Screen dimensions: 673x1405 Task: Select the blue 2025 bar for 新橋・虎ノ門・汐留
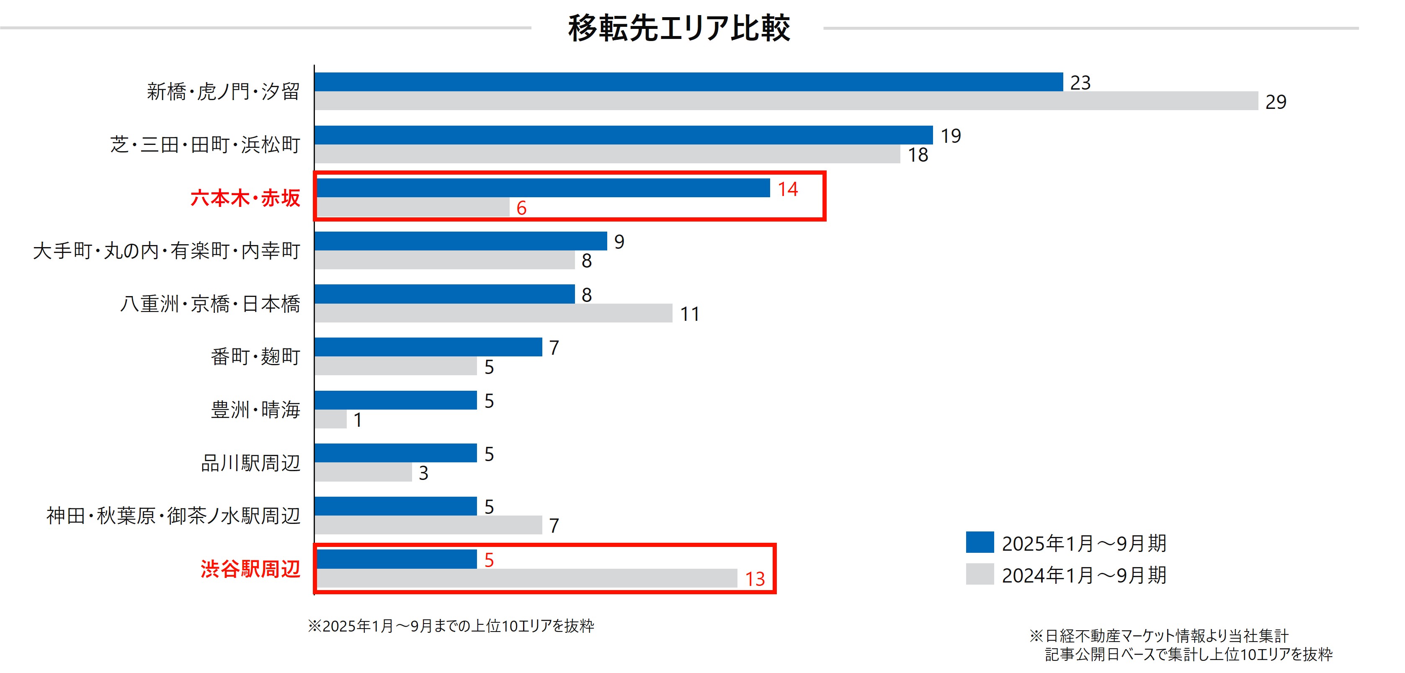pyautogui.click(x=688, y=82)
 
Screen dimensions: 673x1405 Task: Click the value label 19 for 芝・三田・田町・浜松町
pyautogui.click(x=950, y=135)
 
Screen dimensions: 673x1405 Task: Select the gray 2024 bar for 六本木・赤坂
pyautogui.click(x=412, y=207)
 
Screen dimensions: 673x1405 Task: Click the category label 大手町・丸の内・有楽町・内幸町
pyautogui.click(x=166, y=250)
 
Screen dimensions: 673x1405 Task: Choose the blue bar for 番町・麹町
pyautogui.click(x=428, y=347)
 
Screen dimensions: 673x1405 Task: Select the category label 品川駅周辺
pyautogui.click(x=250, y=462)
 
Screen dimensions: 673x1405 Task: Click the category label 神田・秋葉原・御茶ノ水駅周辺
pyautogui.click(x=173, y=516)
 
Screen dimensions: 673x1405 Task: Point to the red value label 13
pyautogui.click(x=755, y=579)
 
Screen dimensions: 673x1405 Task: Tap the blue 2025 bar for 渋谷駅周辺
pyautogui.click(x=396, y=559)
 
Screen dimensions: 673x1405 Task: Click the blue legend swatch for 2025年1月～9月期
pyautogui.click(x=979, y=542)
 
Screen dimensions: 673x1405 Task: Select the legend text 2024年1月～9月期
pyautogui.click(x=1084, y=575)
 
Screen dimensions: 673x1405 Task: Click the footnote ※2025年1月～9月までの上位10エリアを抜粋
pyautogui.click(x=451, y=626)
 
